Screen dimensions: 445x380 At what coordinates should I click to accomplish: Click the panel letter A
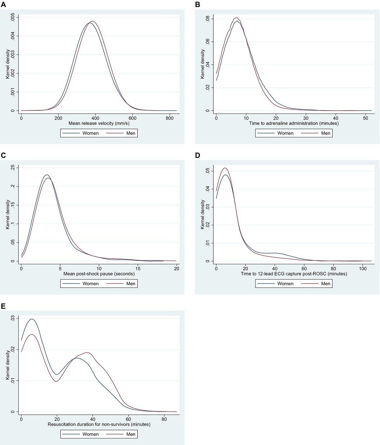[3, 5]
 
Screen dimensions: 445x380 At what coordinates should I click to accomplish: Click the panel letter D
[198, 155]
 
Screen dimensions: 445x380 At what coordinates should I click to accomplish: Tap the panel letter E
[3, 306]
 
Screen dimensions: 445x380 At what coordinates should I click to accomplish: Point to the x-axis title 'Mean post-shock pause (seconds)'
[99, 273]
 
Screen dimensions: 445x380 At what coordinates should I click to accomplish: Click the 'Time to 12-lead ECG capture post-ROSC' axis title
[294, 273]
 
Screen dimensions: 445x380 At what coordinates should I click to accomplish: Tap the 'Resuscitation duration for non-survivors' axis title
[99, 424]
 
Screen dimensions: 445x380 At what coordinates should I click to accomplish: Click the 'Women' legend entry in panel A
[90, 133]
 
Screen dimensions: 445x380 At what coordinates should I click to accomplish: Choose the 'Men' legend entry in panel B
[326, 133]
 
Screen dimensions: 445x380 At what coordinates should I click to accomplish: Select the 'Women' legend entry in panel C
[90, 284]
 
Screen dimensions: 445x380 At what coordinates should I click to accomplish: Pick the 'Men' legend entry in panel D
[326, 284]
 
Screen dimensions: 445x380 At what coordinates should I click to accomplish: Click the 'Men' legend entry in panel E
[131, 434]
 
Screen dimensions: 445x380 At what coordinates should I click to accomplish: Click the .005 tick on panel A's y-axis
[13, 18]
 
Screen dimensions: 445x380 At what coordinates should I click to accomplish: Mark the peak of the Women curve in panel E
[32, 319]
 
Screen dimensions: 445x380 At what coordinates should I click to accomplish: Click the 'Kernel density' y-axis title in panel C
[8, 214]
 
